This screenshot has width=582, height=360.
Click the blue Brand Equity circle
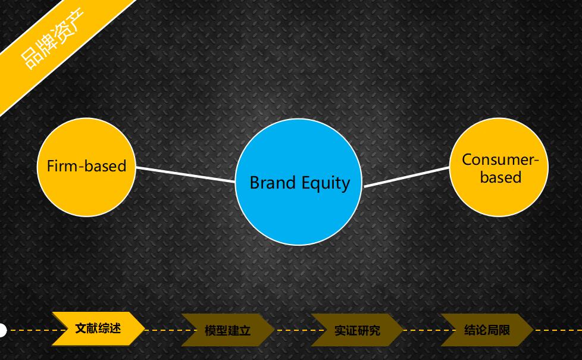(298, 182)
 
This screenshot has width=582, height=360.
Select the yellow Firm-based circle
(86, 167)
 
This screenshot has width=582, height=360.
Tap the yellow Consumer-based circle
(499, 167)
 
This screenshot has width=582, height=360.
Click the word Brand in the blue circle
(273, 183)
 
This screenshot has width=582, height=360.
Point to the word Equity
(326, 184)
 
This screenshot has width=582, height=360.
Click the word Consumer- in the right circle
(500, 159)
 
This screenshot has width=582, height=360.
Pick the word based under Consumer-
(500, 177)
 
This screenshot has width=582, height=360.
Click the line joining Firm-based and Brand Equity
(186, 174)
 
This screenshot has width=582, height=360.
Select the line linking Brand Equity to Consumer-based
(406, 177)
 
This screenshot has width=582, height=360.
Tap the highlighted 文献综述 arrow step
(98, 329)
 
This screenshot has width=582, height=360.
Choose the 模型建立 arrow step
(227, 330)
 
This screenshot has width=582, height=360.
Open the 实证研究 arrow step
(357, 330)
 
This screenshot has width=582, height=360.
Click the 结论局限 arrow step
(487, 330)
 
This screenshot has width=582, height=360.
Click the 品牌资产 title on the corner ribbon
(52, 39)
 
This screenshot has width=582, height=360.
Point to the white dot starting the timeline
(2, 330)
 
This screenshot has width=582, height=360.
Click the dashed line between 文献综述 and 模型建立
(171, 330)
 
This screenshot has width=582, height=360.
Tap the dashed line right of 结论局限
(558, 330)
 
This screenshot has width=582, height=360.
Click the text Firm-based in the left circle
(86, 166)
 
